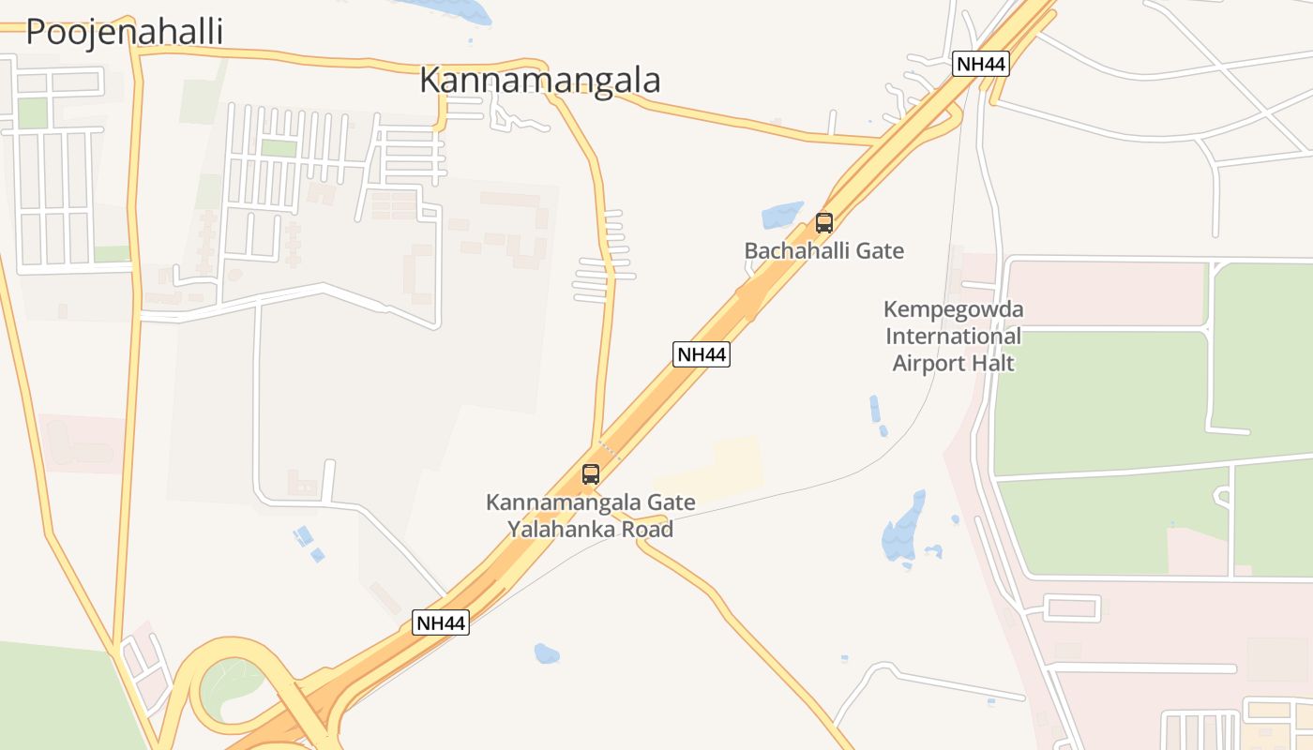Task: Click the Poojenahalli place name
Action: (x=124, y=32)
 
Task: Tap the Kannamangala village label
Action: (x=539, y=81)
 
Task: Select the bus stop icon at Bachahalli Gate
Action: (x=824, y=223)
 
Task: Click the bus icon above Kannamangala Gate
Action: (x=590, y=474)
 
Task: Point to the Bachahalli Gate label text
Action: (x=823, y=251)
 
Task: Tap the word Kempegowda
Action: (x=954, y=309)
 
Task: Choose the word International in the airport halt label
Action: (x=954, y=336)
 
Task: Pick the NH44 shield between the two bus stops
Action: (x=702, y=354)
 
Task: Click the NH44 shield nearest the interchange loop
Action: (x=441, y=622)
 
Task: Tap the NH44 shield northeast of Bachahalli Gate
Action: (x=981, y=64)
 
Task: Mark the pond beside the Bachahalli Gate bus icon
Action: (x=782, y=216)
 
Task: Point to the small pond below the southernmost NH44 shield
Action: (x=546, y=652)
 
